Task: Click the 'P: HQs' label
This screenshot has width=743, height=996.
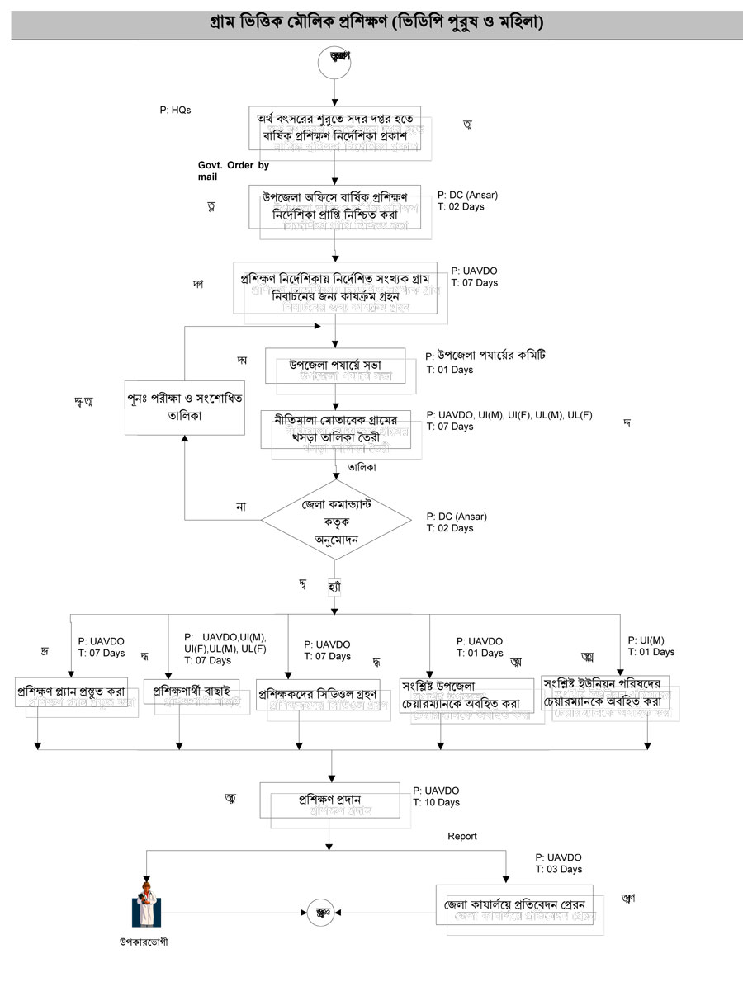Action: pos(176,110)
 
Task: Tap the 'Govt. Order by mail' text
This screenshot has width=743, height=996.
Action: pos(234,171)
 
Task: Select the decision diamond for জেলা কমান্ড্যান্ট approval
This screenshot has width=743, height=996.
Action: pos(335,522)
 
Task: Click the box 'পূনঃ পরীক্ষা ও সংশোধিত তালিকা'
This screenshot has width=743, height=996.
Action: pos(186,407)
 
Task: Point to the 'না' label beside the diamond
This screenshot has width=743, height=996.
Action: pos(241,506)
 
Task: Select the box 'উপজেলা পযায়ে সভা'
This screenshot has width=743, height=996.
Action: pos(334,366)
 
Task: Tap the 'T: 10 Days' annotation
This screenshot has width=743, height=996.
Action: pos(437,802)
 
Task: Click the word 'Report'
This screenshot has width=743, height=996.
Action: pos(462,836)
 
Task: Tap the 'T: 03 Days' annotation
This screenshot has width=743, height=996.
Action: pos(559,869)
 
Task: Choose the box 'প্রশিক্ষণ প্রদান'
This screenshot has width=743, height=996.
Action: pos(330,800)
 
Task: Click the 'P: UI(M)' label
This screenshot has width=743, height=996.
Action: pos(646,640)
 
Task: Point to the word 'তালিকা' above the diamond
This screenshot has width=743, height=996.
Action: pos(362,466)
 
